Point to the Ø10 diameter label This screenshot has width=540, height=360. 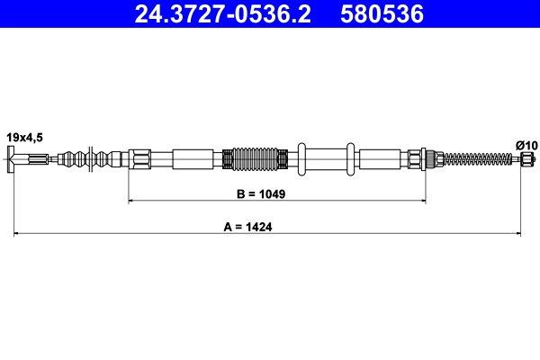(525, 144)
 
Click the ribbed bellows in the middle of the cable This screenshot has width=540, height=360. (256, 159)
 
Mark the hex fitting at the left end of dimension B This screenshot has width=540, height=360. (140, 160)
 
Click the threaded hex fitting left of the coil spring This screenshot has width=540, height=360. (418, 160)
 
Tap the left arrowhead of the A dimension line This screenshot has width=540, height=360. (16, 235)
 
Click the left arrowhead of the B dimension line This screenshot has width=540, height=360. (132, 201)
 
